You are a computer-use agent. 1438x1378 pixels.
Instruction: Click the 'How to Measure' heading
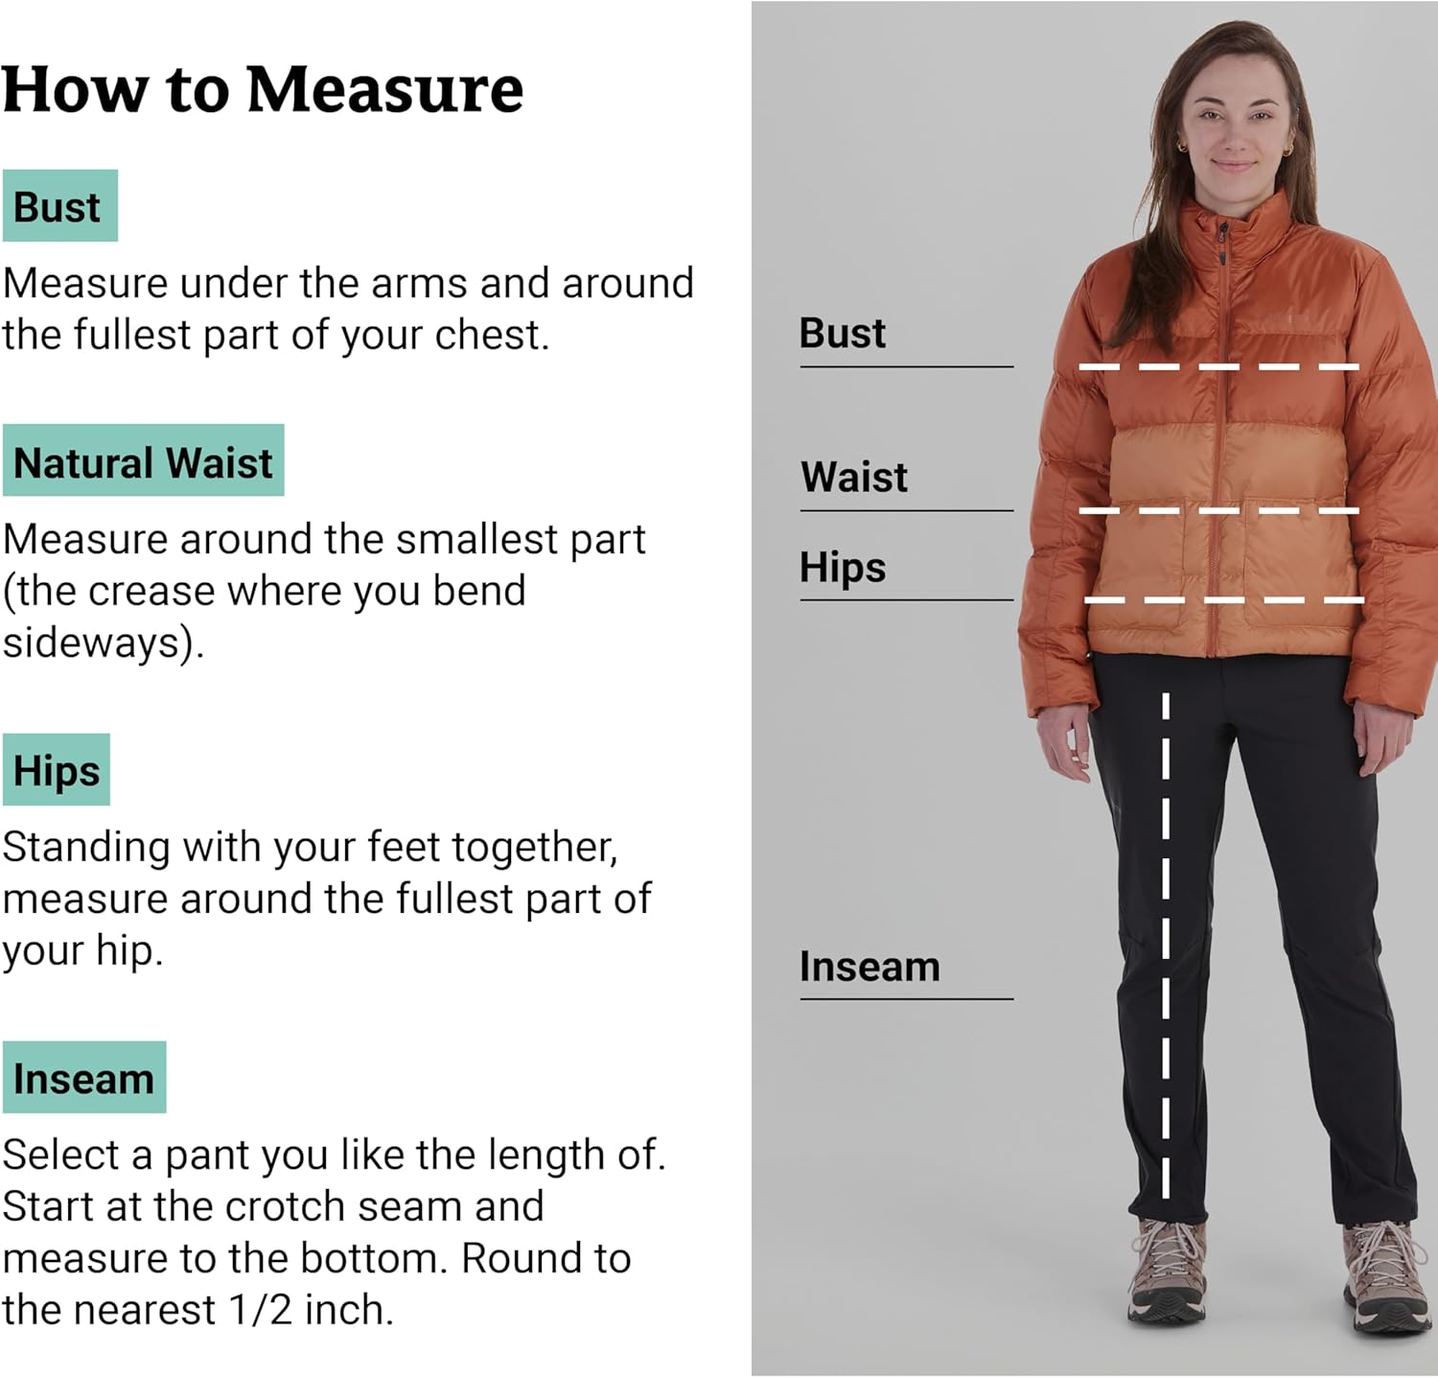[x=262, y=90]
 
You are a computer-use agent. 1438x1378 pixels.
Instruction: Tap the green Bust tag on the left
[x=59, y=206]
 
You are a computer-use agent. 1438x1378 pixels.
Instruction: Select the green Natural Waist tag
[x=143, y=461]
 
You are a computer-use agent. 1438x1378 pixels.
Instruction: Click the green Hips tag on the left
[x=57, y=770]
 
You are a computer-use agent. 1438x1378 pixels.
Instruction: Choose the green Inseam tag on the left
[x=84, y=1078]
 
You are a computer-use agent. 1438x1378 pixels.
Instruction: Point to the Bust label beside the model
[x=842, y=333]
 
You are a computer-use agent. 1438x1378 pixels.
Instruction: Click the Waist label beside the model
[x=853, y=477]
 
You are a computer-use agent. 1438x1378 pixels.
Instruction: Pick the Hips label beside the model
[x=842, y=567]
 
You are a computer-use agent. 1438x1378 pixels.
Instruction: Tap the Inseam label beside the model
[x=869, y=967]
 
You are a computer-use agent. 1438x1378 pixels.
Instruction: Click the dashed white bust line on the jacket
[x=1218, y=366]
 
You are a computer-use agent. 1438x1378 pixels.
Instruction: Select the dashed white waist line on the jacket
[x=1218, y=510]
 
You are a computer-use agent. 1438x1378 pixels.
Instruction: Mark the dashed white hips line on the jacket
[x=1222, y=600]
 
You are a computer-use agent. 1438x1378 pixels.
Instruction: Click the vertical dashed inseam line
[x=1166, y=945]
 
